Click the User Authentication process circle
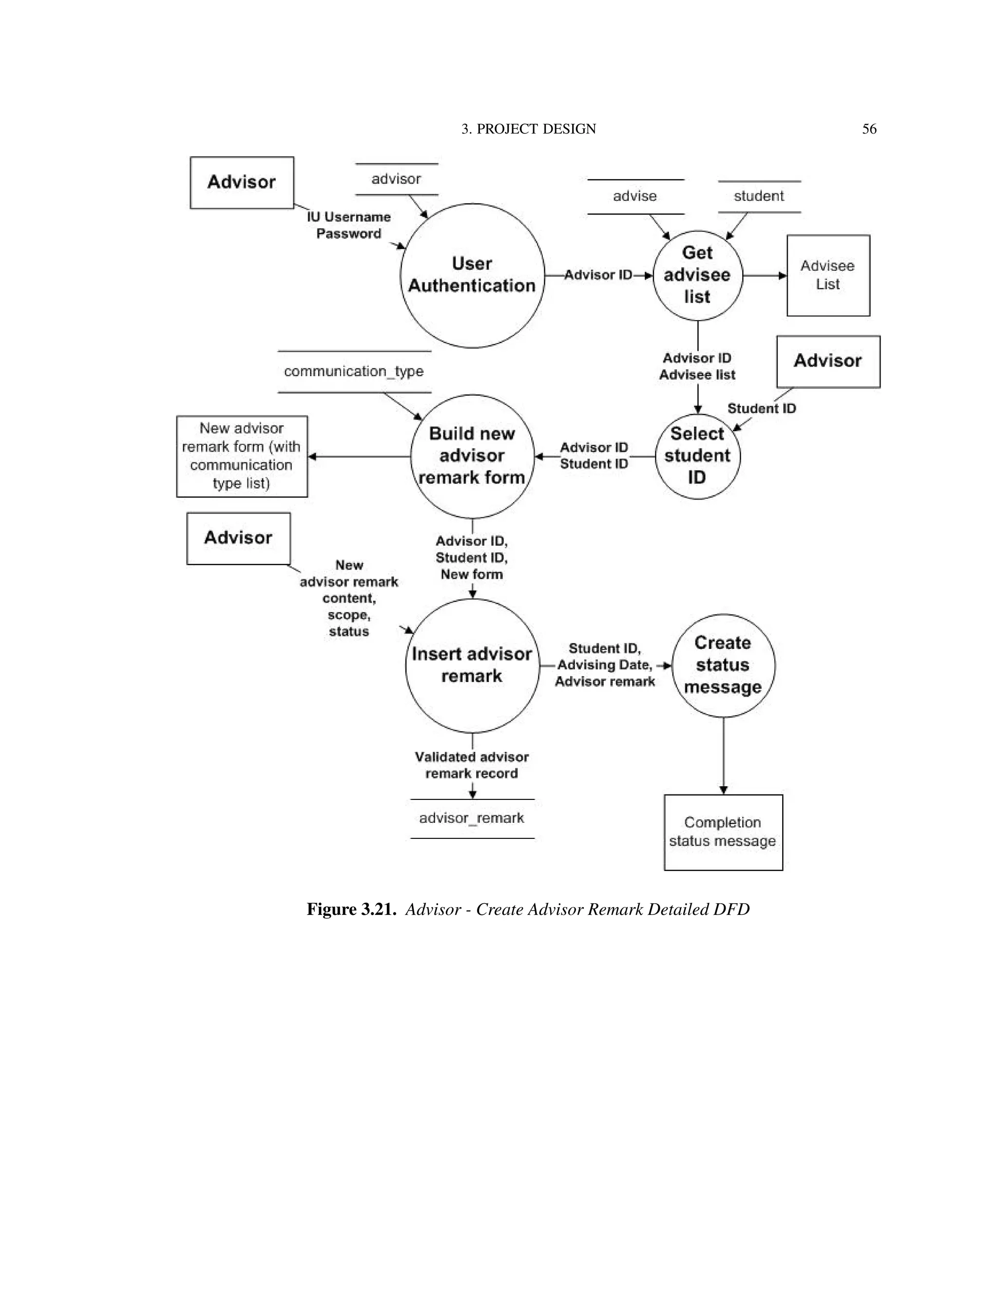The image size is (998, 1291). (472, 275)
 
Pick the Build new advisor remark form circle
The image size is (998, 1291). (472, 456)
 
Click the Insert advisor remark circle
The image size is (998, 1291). (472, 665)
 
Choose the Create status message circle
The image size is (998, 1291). (723, 665)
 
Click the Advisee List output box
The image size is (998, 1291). (828, 275)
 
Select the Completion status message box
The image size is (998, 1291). (723, 832)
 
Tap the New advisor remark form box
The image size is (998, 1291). (242, 456)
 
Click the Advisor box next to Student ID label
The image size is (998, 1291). (828, 361)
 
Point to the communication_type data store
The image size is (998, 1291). (354, 371)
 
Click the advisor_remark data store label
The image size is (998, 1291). (472, 818)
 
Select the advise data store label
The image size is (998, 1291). (635, 196)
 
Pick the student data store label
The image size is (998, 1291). (759, 196)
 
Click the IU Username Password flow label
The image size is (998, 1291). (349, 225)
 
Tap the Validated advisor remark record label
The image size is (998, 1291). (472, 765)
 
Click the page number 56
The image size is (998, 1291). (869, 129)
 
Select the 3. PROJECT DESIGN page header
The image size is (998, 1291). (529, 129)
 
